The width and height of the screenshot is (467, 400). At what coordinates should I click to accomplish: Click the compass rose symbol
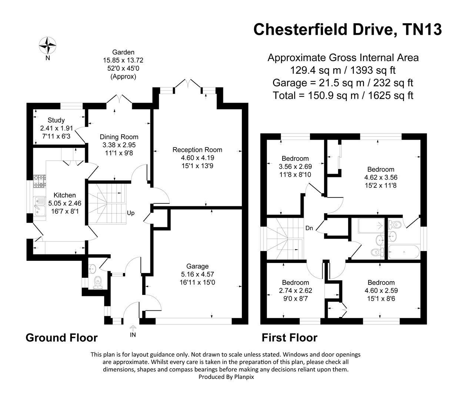[48, 46]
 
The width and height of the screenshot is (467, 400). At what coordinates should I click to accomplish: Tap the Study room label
[56, 120]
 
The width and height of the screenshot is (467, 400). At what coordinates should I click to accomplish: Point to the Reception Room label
[197, 150]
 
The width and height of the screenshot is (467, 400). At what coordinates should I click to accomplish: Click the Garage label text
[197, 266]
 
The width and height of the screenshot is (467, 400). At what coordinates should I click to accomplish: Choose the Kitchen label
[65, 195]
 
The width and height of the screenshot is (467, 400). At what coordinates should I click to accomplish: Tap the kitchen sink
[38, 205]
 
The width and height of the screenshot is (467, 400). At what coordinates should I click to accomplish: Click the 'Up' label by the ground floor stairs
[131, 213]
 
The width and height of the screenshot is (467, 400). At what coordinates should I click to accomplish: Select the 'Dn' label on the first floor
[309, 228]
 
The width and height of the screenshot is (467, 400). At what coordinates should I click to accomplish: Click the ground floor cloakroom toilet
[98, 281]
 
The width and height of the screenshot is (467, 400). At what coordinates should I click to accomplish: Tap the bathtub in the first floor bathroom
[403, 252]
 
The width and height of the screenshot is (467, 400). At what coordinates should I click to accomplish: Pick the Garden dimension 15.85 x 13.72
[123, 60]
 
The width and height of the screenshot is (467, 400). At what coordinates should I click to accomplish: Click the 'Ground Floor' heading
[61, 338]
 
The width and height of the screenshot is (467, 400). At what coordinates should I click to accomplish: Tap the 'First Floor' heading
[289, 338]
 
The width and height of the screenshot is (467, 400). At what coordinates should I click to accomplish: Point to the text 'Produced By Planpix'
[226, 377]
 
